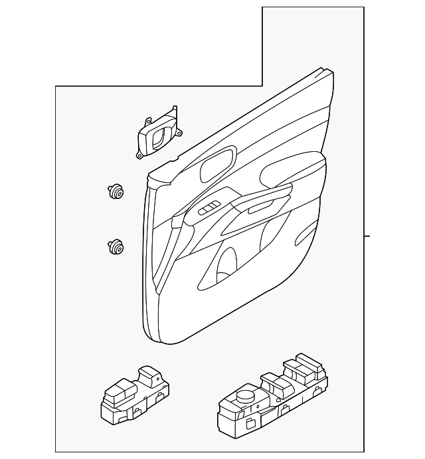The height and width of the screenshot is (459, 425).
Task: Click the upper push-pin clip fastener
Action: (x=116, y=192)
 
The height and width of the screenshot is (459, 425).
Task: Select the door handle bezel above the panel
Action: (x=158, y=134)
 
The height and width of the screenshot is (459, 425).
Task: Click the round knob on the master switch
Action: (x=244, y=395)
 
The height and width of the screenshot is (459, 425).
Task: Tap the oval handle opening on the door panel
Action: (x=217, y=164)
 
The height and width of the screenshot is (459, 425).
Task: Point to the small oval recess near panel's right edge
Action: (x=307, y=233)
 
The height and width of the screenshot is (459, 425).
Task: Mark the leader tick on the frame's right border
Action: (x=367, y=235)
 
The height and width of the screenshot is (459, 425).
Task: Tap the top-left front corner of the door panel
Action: (x=151, y=176)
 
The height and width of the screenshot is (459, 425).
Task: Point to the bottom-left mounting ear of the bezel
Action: (x=139, y=155)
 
